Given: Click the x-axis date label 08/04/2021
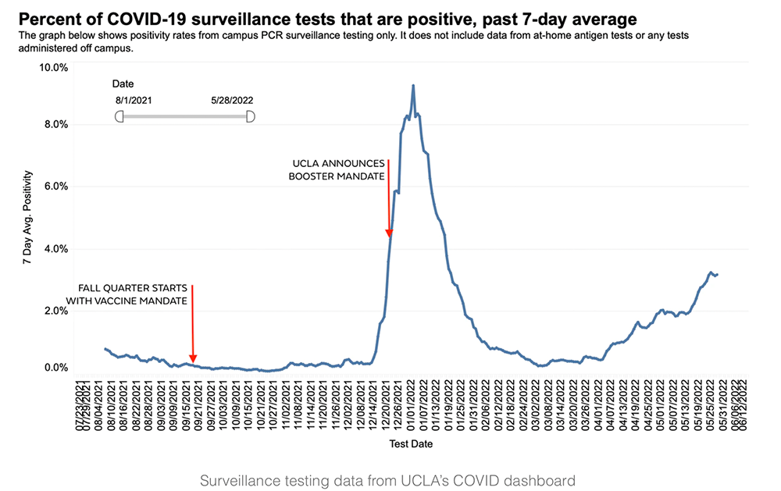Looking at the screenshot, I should click(97, 404).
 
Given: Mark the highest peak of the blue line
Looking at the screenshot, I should click(413, 85).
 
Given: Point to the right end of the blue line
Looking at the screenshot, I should click(717, 274).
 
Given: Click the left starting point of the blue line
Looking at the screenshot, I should click(105, 349).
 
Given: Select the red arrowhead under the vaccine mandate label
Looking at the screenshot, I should click(192, 359).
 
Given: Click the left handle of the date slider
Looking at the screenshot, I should click(119, 116).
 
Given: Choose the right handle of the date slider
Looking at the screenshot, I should click(250, 116).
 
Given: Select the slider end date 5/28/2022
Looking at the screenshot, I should click(232, 100).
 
